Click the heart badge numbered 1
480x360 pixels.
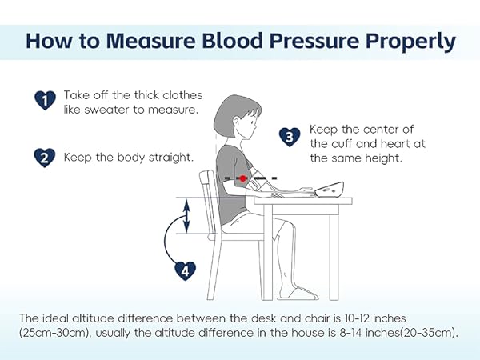pos(46,99)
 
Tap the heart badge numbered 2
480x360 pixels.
pos(46,157)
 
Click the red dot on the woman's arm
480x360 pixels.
pos(242,177)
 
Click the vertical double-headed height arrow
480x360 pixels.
pos(187,216)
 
